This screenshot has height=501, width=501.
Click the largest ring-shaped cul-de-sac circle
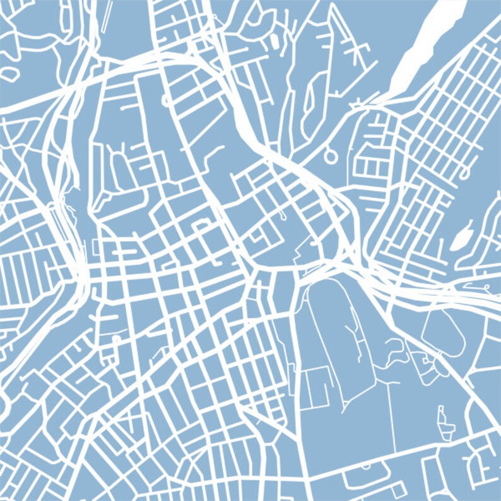coord(330,154)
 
